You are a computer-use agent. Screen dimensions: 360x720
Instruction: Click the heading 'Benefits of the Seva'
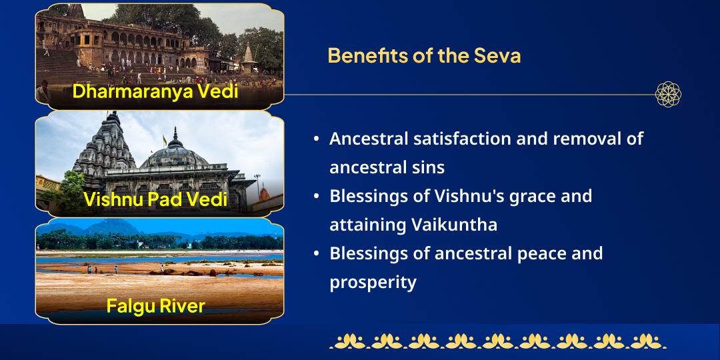pos(424,55)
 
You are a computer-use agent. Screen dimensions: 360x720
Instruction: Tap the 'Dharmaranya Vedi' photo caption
pos(155,91)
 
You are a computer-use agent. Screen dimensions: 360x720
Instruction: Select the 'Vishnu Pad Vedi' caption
pos(155,199)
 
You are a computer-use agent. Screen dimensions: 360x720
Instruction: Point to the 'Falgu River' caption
pos(155,306)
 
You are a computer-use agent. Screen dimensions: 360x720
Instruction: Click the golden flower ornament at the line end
pos(668,94)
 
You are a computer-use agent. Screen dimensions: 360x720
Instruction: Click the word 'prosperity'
pos(373,282)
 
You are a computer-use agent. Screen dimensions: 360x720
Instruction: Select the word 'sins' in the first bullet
pos(427,167)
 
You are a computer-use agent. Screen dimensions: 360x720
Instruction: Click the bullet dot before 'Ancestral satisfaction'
pos(316,139)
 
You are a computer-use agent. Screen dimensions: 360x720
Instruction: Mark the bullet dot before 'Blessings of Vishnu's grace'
pos(316,197)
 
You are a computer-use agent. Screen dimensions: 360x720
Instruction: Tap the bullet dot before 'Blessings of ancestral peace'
pos(316,254)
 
